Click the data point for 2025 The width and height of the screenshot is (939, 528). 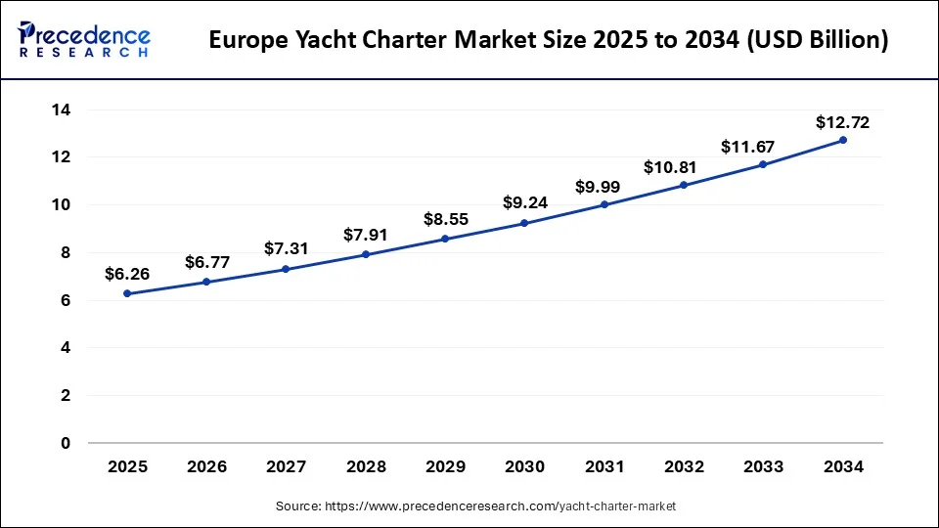127,293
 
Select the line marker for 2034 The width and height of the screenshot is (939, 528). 843,140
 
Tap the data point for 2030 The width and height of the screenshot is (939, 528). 524,223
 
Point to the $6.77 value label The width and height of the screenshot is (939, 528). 206,262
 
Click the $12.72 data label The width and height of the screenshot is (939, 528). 843,123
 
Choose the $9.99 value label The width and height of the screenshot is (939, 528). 604,186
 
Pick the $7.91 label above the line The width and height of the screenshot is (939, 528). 366,235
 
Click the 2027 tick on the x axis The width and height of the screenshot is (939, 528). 287,467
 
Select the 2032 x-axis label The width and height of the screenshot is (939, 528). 684,467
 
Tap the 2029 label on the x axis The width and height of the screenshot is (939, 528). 445,467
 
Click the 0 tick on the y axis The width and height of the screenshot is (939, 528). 66,443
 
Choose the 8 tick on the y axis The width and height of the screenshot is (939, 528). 66,252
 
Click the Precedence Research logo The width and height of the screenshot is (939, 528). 84,40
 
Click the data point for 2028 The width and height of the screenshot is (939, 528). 366,254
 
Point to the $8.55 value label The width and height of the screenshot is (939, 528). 445,220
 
